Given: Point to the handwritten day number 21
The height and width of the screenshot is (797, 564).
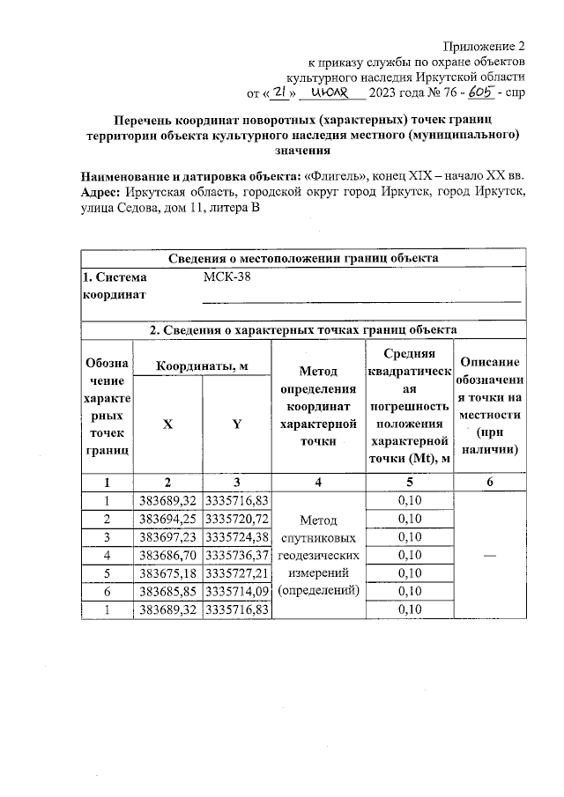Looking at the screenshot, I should [x=277, y=92].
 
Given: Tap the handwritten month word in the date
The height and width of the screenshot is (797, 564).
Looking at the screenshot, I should [x=331, y=92].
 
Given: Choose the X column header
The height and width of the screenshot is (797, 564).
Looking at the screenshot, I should [x=167, y=424].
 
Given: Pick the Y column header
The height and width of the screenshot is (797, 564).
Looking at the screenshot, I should [x=236, y=424].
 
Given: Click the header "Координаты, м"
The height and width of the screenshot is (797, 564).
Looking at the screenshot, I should [x=201, y=365].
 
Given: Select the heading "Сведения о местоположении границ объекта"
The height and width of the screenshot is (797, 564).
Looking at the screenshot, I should [x=303, y=258].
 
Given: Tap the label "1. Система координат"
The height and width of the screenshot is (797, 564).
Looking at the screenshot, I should [x=115, y=286].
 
